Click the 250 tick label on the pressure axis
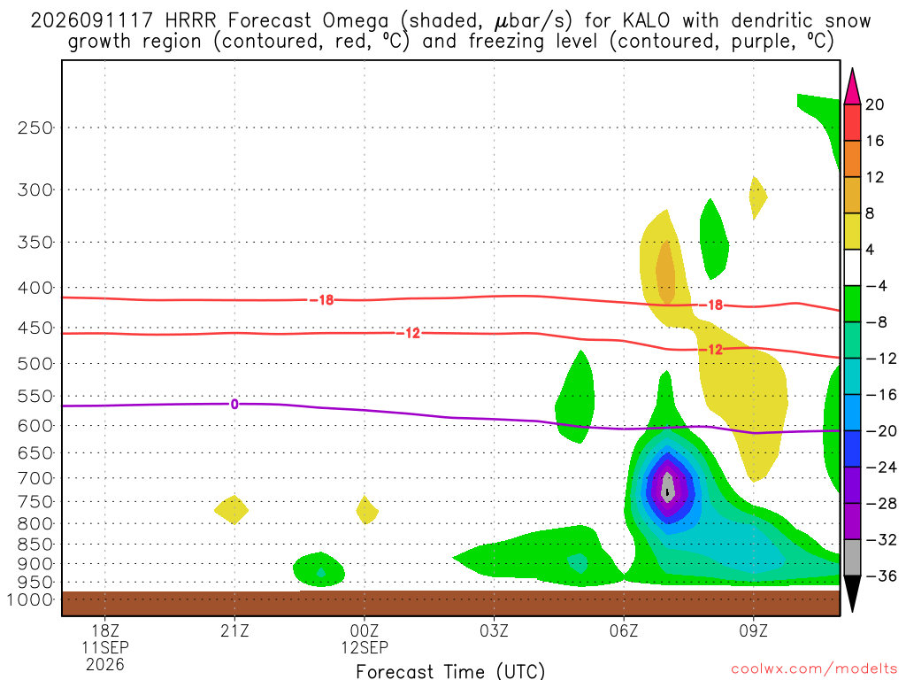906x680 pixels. [x=35, y=127]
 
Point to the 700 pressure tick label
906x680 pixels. [x=35, y=478]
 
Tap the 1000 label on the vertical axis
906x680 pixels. [x=29, y=599]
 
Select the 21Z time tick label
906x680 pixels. [x=234, y=630]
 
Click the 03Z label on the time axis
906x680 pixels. [x=494, y=630]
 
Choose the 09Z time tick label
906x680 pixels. [x=754, y=630]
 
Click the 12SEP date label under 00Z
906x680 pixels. [x=365, y=647]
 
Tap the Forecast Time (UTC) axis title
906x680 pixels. [x=450, y=671]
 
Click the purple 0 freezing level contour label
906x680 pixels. [x=234, y=404]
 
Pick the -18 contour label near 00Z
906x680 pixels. [x=322, y=300]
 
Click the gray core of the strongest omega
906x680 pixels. [x=667, y=486]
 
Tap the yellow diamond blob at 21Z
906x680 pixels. [x=232, y=509]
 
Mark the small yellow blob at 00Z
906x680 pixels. [x=367, y=510]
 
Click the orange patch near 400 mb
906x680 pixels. [x=665, y=272]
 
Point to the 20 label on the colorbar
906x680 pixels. [x=875, y=104]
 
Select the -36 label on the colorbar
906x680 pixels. [x=881, y=576]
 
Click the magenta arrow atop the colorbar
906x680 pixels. [x=852, y=86]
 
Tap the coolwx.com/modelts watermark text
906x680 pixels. [x=814, y=669]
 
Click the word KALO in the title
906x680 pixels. [x=646, y=21]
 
